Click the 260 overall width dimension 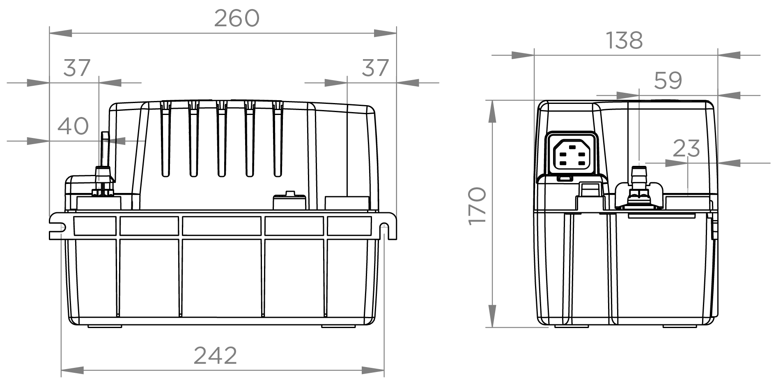(237, 18)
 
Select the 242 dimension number (215, 356)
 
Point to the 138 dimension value (624, 40)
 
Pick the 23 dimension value (686, 148)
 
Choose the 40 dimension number (73, 126)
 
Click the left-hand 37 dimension (77, 68)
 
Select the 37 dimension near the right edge (375, 68)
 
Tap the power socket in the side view (571, 155)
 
